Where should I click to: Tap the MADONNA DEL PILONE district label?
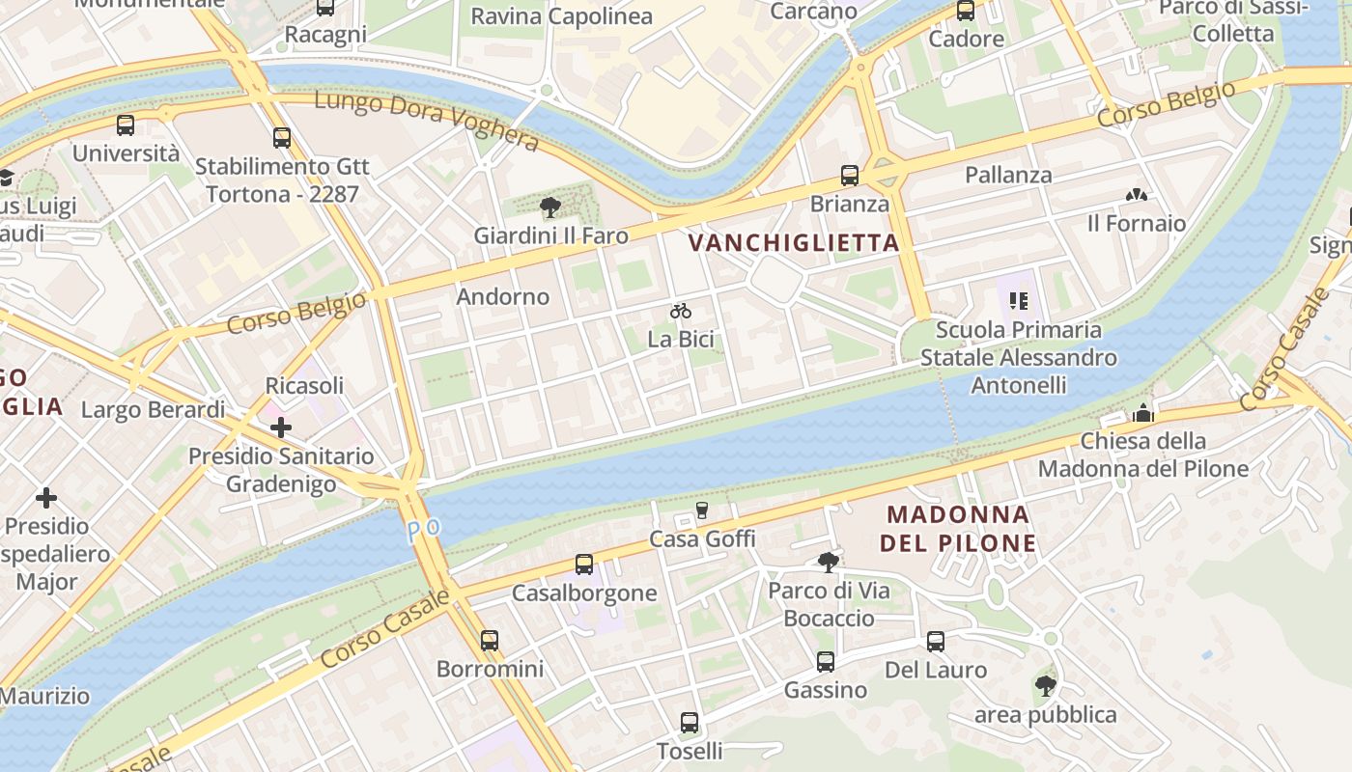[957, 528]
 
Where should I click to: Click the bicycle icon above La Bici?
[681, 311]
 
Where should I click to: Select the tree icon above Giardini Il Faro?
[550, 207]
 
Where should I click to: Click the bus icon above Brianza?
[850, 176]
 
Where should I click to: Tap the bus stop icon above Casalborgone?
[584, 565]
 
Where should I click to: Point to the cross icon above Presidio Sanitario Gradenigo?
[281, 427]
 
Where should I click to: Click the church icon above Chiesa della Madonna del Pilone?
[1143, 413]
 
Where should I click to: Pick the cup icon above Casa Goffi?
[702, 510]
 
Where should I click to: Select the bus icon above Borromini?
[490, 640]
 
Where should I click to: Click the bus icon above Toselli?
[690, 723]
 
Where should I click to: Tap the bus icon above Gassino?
[826, 662]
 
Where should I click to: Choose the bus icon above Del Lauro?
[936, 642]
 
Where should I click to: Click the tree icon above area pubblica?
[1045, 686]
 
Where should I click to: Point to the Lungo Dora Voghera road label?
[426, 120]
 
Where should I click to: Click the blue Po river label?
[423, 530]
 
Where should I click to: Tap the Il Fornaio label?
[1137, 223]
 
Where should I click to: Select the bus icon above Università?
[126, 125]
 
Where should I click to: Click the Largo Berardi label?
[153, 409]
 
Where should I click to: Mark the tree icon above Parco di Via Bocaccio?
[828, 562]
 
